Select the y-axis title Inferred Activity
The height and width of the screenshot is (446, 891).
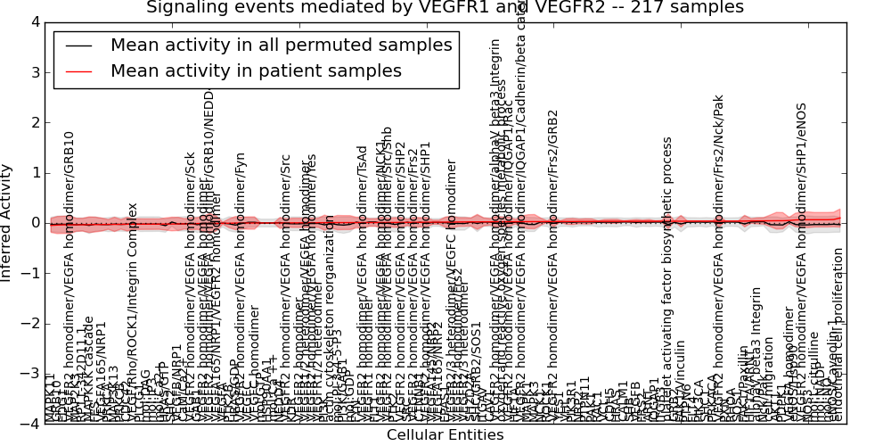pos(7,223)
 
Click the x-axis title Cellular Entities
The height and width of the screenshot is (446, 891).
pos(445,435)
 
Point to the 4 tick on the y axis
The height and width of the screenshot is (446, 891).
pos(34,21)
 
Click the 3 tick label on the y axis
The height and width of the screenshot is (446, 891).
pos(34,71)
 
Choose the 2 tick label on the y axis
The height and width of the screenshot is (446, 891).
pos(34,122)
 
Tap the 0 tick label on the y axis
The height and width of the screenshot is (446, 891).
pos(34,223)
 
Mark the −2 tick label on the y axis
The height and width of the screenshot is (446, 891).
pos(29,324)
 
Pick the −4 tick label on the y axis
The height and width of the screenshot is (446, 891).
pos(29,424)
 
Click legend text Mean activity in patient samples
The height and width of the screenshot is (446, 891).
pos(256,71)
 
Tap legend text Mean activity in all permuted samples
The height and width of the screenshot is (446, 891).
pos(281,45)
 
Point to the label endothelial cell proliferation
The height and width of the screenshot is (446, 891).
pos(837,334)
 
